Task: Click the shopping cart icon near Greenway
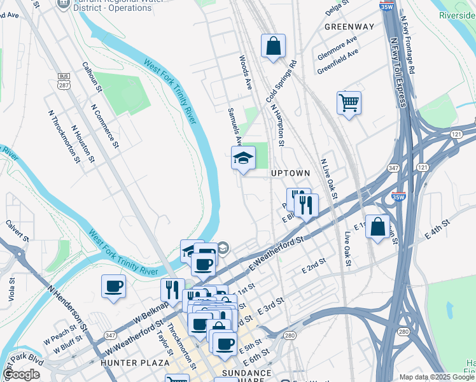tap(349, 103)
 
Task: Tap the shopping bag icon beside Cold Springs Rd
tap(273, 46)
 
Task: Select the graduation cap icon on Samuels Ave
tap(243, 159)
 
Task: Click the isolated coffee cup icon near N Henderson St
tap(114, 286)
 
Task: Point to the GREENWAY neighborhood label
tap(349, 27)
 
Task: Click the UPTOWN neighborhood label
tap(291, 173)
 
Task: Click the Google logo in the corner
tap(22, 374)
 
